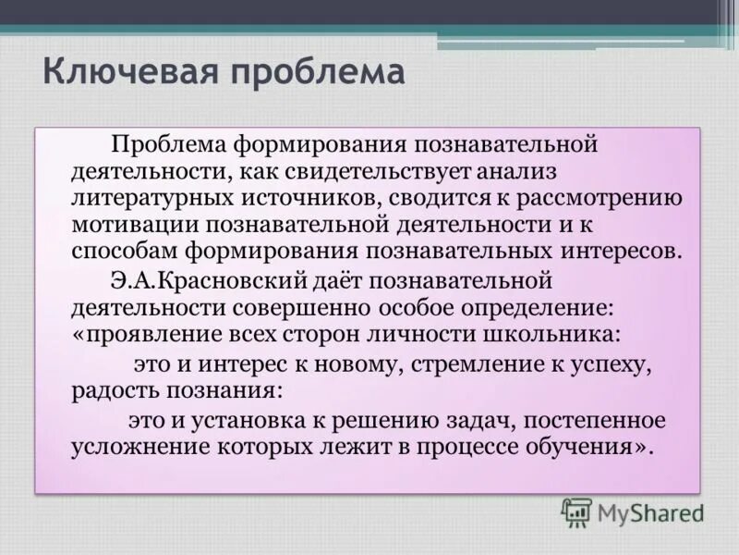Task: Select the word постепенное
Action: pyautogui.click(x=597, y=421)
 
